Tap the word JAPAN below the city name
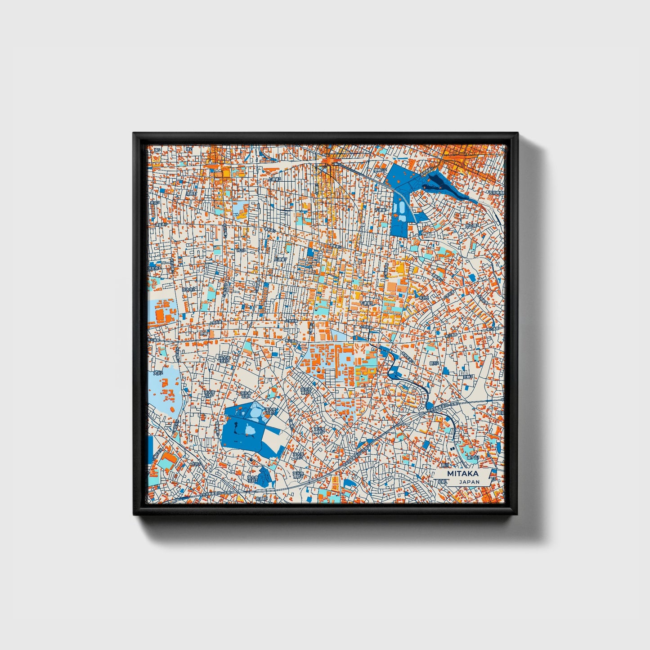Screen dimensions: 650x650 [470, 482]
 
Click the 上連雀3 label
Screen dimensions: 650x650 [274, 179]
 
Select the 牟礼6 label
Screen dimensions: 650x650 [423, 298]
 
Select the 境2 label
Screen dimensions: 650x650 [189, 149]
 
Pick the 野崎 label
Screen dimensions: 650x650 [203, 333]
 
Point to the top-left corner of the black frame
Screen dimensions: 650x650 [134, 134]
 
